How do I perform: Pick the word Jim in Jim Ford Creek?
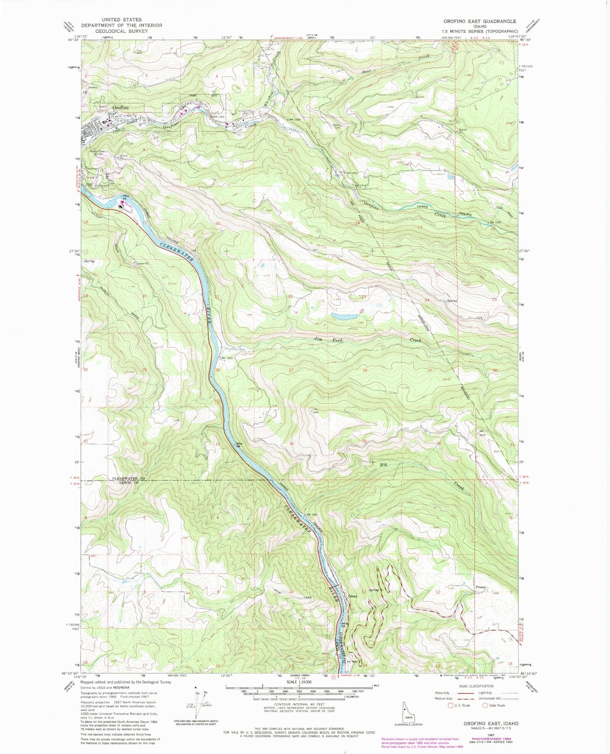[x=318, y=340]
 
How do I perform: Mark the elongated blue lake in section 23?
[x=344, y=316]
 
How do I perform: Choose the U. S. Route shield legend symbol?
[x=450, y=706]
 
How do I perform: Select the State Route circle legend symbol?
[x=485, y=706]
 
